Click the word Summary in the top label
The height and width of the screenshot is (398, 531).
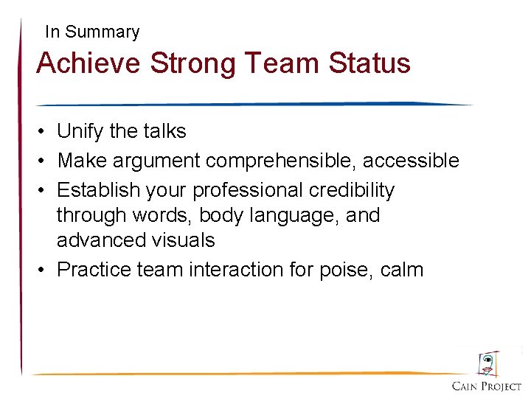click(102, 32)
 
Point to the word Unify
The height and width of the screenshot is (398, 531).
click(80, 132)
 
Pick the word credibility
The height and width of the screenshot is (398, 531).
click(352, 190)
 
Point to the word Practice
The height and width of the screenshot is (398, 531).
click(94, 270)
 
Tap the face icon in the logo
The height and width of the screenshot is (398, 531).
click(487, 364)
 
